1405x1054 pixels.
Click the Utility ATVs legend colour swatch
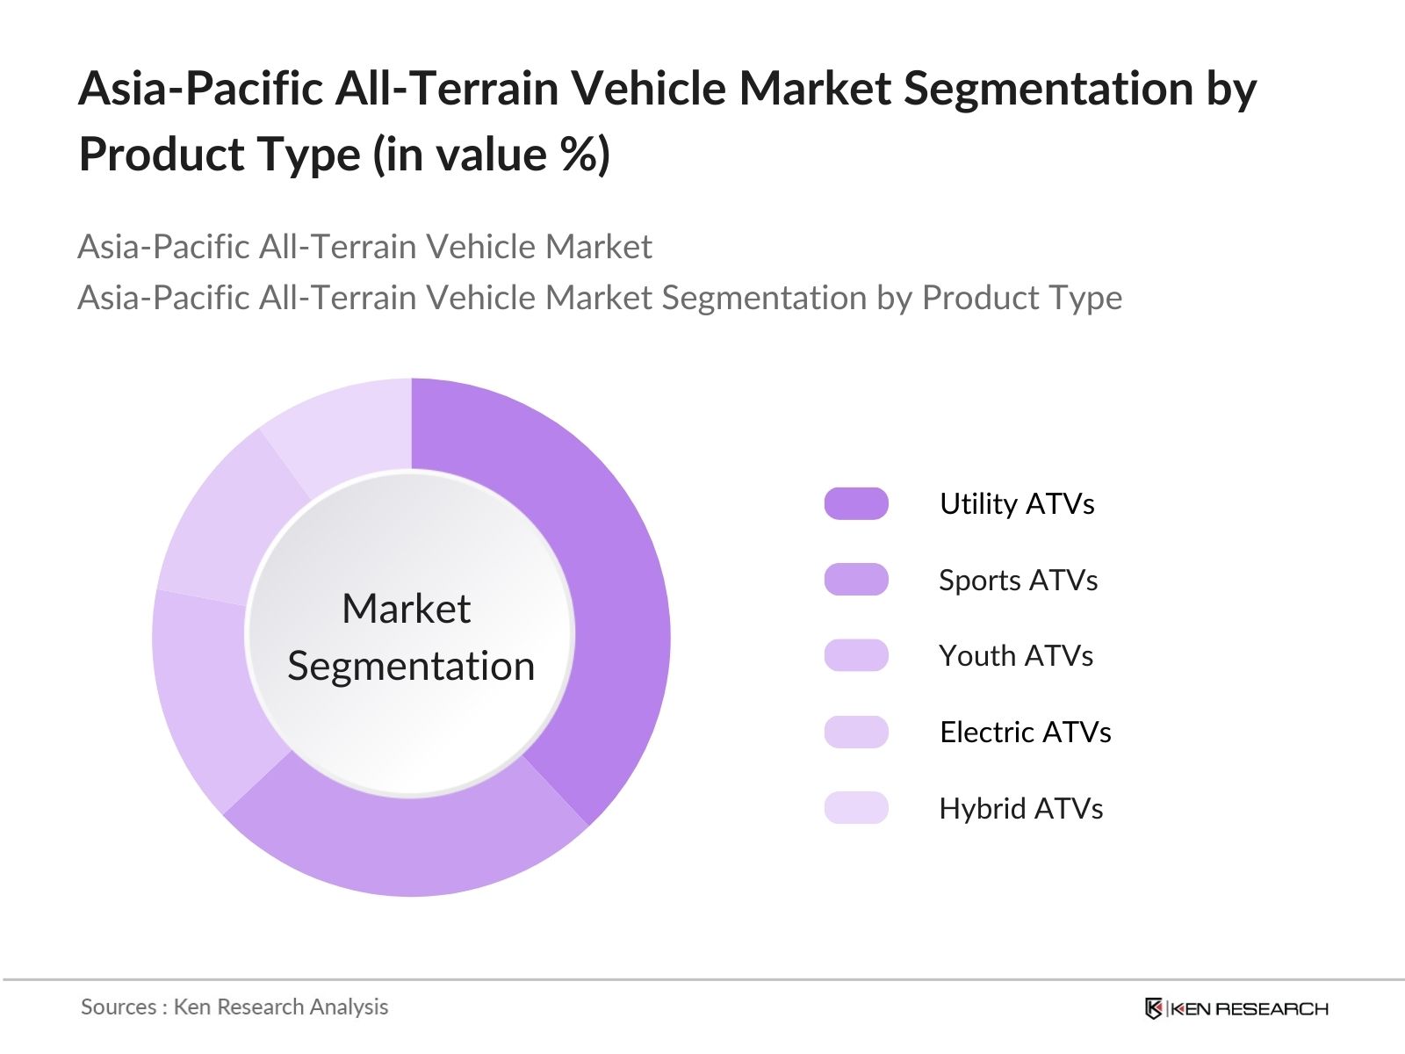point(856,504)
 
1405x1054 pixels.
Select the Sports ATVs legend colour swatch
point(856,580)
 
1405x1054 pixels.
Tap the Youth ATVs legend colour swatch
point(856,656)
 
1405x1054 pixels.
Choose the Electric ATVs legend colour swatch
point(856,732)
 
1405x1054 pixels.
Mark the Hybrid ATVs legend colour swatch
point(856,808)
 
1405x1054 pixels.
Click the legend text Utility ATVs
point(1017,504)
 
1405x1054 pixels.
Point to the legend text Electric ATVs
point(1025,732)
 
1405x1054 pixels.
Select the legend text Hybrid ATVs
point(1020,808)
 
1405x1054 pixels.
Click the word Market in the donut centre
point(406,609)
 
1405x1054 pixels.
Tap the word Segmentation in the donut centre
point(411,666)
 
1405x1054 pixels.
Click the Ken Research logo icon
point(1154,1008)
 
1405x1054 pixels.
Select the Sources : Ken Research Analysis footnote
point(234,1007)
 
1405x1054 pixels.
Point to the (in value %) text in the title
point(491,155)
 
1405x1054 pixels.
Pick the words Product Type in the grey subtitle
point(1021,298)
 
